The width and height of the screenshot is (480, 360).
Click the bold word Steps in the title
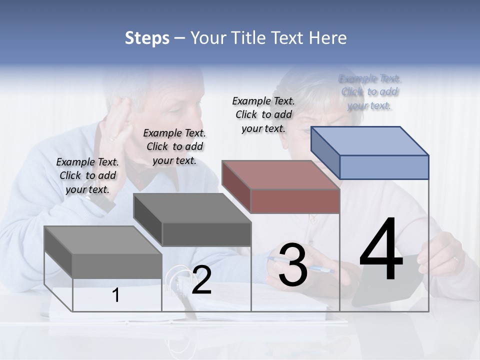(147, 38)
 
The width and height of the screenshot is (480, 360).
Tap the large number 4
(381, 250)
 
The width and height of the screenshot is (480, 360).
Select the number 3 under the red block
(292, 265)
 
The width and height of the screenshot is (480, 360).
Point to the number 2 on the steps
(201, 280)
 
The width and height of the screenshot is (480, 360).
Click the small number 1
(116, 295)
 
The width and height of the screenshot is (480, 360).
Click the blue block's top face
(370, 140)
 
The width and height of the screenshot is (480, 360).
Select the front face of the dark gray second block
(206, 234)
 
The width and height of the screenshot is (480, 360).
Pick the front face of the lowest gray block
(117, 265)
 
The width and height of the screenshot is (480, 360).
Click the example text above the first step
(87, 175)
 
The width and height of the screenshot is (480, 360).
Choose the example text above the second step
(174, 146)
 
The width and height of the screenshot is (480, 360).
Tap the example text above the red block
(263, 114)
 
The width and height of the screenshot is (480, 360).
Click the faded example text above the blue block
(370, 92)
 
